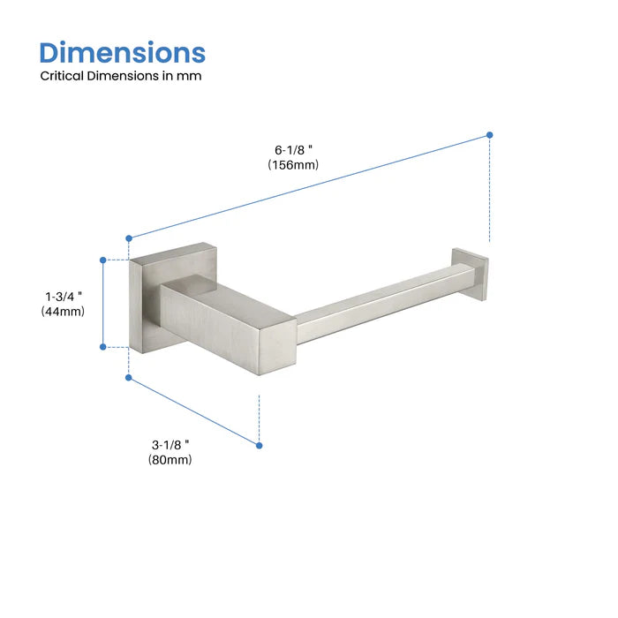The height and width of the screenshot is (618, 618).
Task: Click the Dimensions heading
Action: coord(122,52)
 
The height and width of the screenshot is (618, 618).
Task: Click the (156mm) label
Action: coord(294,165)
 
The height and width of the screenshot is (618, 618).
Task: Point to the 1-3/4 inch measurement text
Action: coord(63,296)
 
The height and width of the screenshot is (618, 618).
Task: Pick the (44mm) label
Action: coord(63,311)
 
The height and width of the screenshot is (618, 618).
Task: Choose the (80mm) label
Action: coord(171,459)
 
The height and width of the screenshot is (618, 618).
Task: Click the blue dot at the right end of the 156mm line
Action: coord(490,135)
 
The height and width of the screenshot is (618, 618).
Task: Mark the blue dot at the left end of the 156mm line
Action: coord(129,237)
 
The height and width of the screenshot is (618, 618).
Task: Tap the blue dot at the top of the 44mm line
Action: coord(103,260)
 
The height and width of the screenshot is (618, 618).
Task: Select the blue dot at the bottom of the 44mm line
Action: coord(103,347)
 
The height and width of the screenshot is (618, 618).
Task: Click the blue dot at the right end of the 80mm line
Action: coord(259,444)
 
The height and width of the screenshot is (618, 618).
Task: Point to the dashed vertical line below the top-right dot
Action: coord(490,190)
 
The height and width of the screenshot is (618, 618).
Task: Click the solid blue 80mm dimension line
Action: coord(194,411)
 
